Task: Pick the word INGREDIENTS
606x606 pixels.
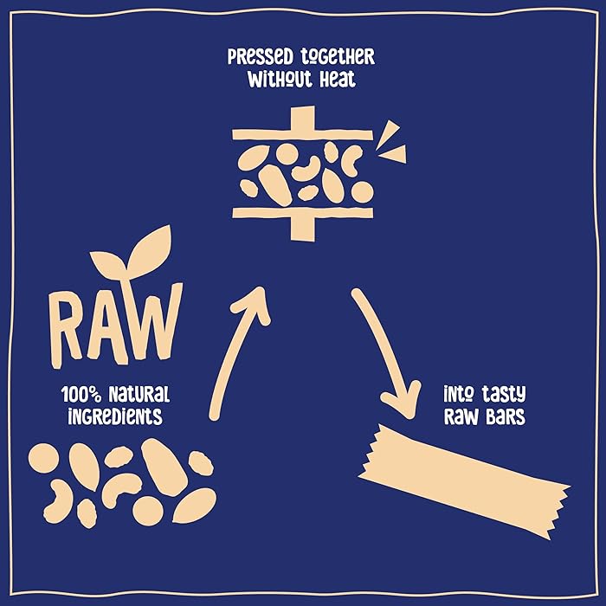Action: click(x=116, y=416)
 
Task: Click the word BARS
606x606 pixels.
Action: click(x=504, y=416)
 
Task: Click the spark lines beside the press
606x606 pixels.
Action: click(x=393, y=144)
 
